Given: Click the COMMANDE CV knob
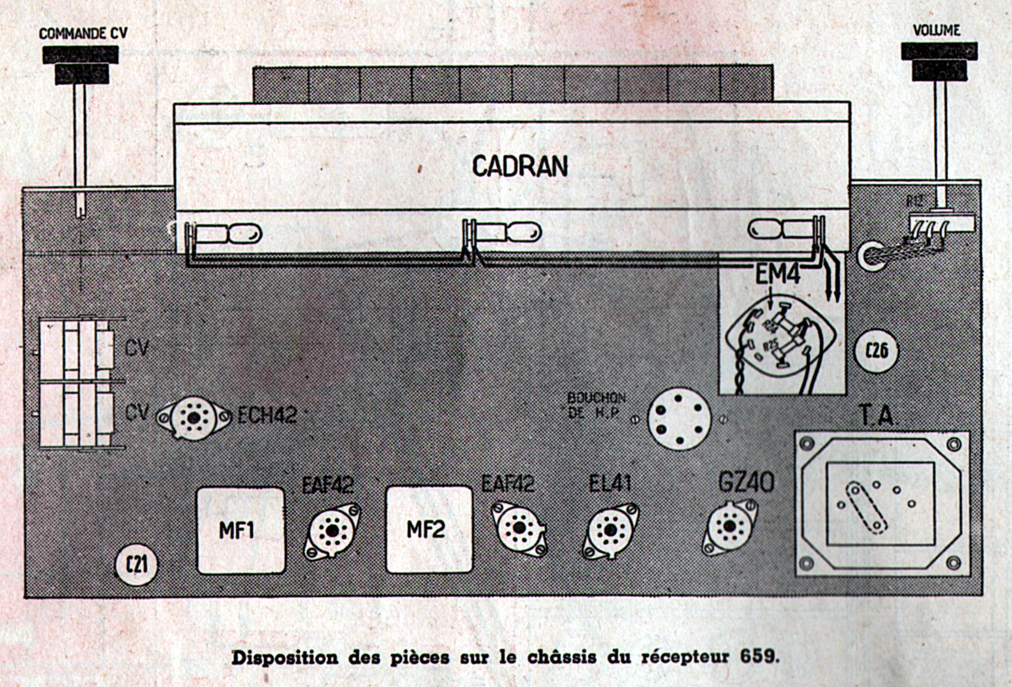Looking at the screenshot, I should [x=81, y=63].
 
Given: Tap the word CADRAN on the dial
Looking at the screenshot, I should [x=519, y=166].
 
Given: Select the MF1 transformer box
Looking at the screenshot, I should [x=241, y=530].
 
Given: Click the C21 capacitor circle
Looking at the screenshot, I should [x=137, y=565].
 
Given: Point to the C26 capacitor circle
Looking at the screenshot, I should [x=877, y=350].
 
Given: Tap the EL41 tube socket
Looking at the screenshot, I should [x=610, y=530].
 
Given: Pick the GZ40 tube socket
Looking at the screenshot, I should [x=730, y=527].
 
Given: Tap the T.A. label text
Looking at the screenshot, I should [x=877, y=415].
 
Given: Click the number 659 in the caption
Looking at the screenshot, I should [x=759, y=656].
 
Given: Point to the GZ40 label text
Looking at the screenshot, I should [x=746, y=482].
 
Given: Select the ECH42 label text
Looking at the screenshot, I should [x=267, y=414].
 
